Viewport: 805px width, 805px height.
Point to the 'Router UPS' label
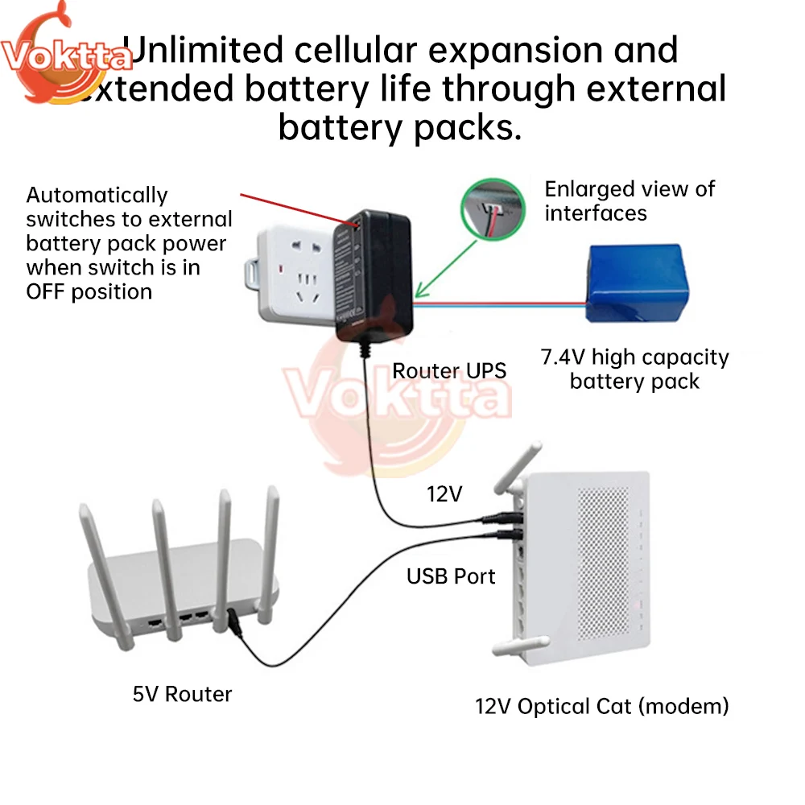tap(449, 370)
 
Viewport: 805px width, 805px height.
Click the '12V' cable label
tap(444, 494)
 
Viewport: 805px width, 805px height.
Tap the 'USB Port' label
tap(451, 576)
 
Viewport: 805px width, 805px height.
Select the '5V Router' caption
tap(182, 693)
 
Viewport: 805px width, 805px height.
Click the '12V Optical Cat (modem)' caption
tap(602, 706)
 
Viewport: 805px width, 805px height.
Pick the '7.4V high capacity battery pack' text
tap(634, 369)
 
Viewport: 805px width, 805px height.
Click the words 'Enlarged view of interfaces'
tap(630, 201)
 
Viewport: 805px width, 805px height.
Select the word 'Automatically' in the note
tap(97, 195)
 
